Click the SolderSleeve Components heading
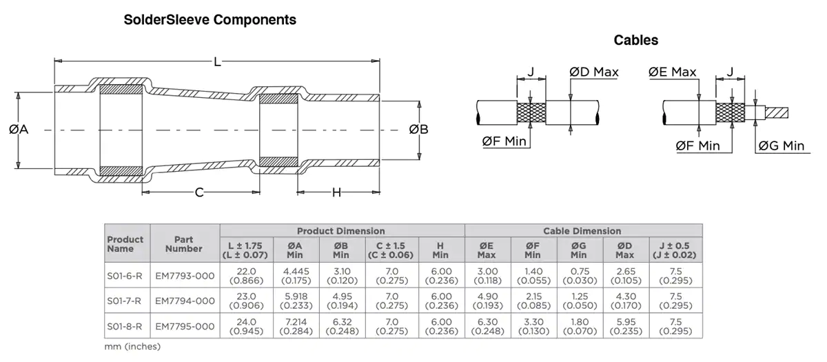[210, 20]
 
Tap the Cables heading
[635, 40]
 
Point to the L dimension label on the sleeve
[218, 61]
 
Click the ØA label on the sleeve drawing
[19, 130]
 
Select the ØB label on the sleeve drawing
[419, 130]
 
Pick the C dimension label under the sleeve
[199, 192]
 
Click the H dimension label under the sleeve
[336, 192]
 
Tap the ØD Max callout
[593, 72]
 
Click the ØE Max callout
[673, 72]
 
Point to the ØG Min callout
[782, 146]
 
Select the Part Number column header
[184, 244]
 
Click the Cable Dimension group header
[582, 231]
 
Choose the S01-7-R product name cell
[124, 301]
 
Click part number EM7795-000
[185, 327]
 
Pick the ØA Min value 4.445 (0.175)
[296, 276]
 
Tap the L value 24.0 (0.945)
[246, 327]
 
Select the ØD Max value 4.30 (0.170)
[626, 301]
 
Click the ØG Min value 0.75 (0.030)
[580, 276]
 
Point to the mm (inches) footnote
[132, 346]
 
